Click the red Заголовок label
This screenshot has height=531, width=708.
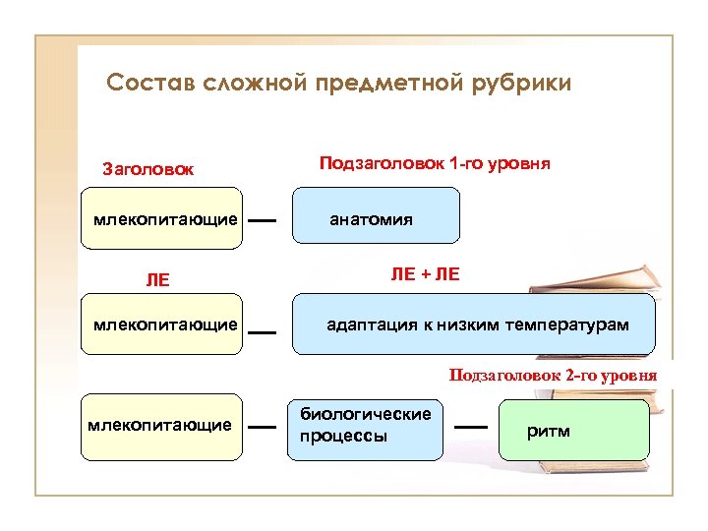(148, 169)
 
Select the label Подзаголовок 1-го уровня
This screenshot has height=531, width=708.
(435, 163)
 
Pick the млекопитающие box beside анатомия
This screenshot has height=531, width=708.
(162, 215)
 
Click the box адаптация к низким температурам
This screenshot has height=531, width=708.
(475, 324)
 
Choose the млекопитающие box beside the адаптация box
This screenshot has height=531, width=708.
(162, 324)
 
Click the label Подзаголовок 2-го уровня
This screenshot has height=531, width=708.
(553, 375)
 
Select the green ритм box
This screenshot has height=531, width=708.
(574, 430)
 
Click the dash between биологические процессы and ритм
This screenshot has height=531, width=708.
(472, 427)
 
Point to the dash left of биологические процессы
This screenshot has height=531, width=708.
(262, 427)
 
